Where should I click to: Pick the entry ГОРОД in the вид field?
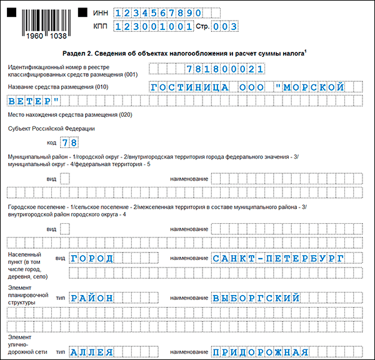(92, 258)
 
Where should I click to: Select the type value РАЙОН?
(92, 298)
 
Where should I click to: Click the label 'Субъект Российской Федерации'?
(52, 129)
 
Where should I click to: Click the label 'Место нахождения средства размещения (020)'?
(69, 116)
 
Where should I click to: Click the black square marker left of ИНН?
(82, 12)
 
